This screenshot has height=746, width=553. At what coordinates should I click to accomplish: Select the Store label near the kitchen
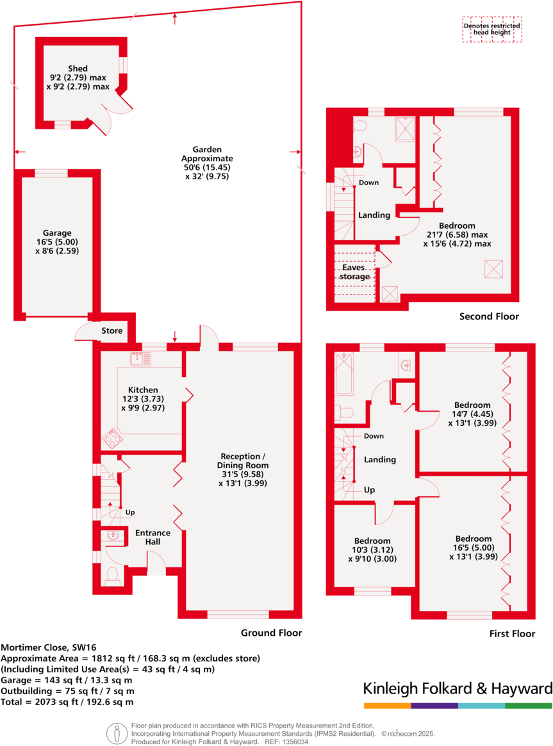[x=111, y=331]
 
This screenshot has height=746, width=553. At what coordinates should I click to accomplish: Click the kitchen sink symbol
[x=138, y=359]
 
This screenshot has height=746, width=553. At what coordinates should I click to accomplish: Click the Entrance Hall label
[x=153, y=537]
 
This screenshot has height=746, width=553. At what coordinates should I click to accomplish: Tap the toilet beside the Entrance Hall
[x=112, y=575]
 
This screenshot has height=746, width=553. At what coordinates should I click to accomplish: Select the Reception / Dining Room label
[x=242, y=474]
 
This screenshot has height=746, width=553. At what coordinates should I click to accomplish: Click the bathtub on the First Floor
[x=343, y=374]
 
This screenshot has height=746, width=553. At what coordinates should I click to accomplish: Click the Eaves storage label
[x=355, y=272]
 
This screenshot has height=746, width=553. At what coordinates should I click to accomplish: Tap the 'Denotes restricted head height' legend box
[x=492, y=30]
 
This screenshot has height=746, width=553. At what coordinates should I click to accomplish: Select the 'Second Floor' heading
[x=489, y=316]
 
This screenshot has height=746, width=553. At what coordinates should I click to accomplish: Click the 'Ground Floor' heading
[x=271, y=633]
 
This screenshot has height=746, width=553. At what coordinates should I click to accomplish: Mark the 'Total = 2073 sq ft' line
[x=67, y=702]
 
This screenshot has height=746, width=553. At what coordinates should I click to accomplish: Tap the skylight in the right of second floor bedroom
[x=493, y=268]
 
